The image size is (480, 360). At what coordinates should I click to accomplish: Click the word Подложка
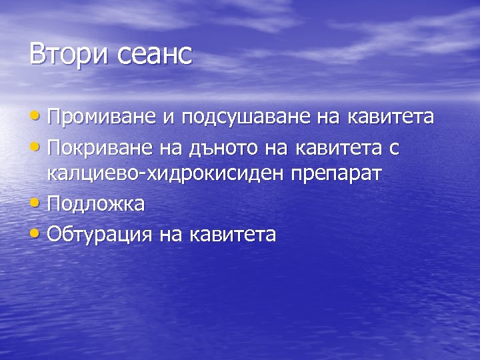coord(96,204)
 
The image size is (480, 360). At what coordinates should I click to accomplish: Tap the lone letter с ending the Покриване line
coord(394,147)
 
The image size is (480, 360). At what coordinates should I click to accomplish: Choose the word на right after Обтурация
coord(171,234)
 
